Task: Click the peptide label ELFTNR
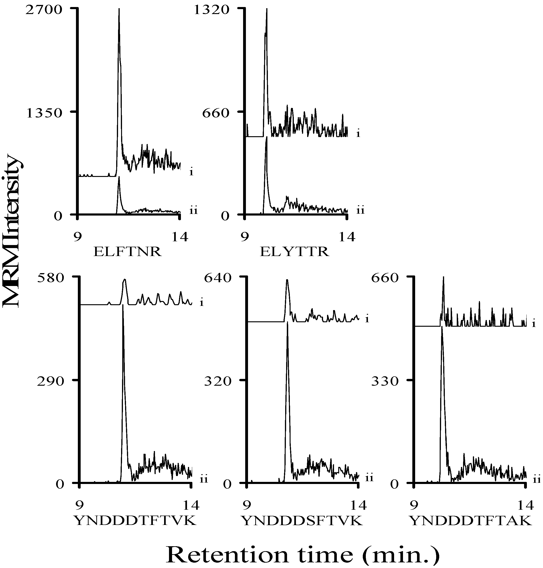127,252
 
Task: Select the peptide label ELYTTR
294,252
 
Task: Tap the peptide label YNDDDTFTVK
135,521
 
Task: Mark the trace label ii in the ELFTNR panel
193,211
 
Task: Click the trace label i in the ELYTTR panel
358,134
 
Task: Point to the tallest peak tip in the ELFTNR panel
119,9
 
